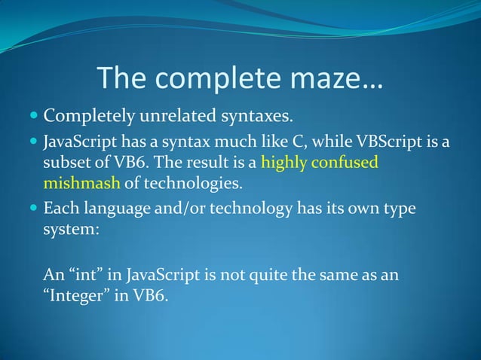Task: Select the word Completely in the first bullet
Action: (86, 117)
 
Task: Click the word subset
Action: (66, 162)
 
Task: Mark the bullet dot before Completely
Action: (32, 118)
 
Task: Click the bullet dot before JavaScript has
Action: (32, 142)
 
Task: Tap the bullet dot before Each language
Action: (32, 208)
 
